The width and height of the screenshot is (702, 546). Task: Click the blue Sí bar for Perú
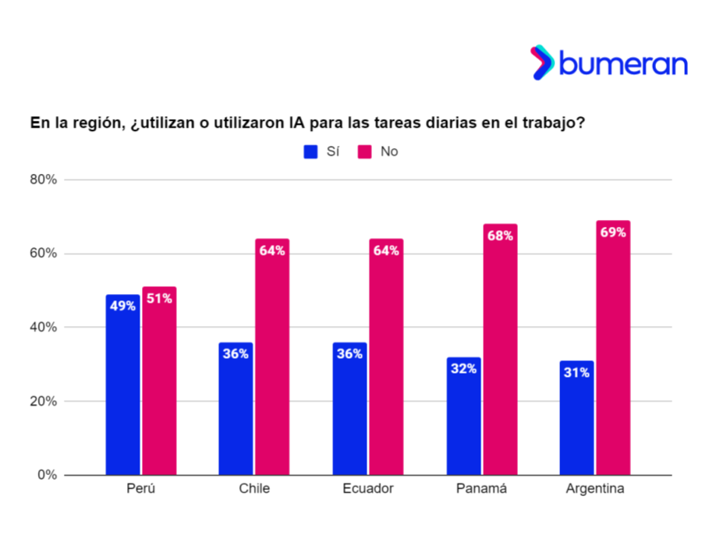[122, 390]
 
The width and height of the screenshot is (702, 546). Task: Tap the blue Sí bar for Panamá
[463, 421]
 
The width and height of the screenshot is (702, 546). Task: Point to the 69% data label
[613, 232]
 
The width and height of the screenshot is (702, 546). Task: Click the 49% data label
[122, 306]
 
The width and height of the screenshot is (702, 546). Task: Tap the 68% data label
[499, 236]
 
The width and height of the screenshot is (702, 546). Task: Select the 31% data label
[577, 373]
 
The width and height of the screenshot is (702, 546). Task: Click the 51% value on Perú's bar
[159, 298]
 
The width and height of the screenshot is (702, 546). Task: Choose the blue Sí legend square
[310, 151]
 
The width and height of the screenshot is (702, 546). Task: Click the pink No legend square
[364, 151]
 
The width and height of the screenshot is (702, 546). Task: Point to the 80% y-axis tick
[44, 180]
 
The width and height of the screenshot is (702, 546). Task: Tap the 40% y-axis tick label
[44, 328]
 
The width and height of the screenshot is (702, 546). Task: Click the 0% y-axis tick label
[47, 475]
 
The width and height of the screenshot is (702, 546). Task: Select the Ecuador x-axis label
[368, 489]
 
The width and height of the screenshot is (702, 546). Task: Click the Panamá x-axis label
[481, 489]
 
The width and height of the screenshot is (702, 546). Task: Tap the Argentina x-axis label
[595, 489]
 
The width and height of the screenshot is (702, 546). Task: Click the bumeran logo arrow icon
[542, 62]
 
